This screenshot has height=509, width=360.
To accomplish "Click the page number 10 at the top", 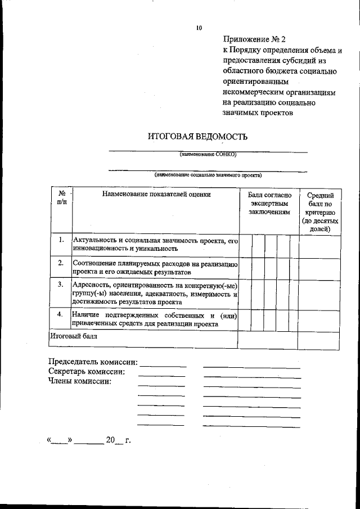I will point(199,28).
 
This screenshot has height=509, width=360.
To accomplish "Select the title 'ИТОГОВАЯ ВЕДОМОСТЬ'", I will point(197,137).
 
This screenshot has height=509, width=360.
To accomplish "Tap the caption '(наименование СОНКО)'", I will point(208,154).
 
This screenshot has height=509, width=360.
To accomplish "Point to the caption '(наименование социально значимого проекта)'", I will point(208,175).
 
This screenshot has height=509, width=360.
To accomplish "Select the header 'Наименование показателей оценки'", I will point(156,194).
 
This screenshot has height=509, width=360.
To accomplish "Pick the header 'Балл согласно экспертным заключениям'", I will point(269,203).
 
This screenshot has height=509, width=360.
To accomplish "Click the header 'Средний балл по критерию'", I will point(319,211).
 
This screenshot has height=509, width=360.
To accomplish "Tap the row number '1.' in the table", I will point(61,240).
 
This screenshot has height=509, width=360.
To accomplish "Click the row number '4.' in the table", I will point(61,314).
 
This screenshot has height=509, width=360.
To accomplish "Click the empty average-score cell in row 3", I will point(319,293).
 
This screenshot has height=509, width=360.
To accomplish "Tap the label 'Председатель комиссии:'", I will point(93,362).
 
